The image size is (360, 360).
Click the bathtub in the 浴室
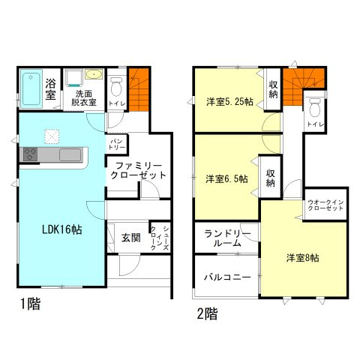(x=31, y=87)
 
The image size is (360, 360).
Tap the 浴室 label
(x=51, y=88)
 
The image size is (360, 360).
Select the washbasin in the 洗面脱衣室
(x=94, y=75)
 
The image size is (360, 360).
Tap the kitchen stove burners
(x=30, y=154)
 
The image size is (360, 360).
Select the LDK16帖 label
(x=61, y=229)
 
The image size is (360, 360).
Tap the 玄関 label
(x=130, y=238)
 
